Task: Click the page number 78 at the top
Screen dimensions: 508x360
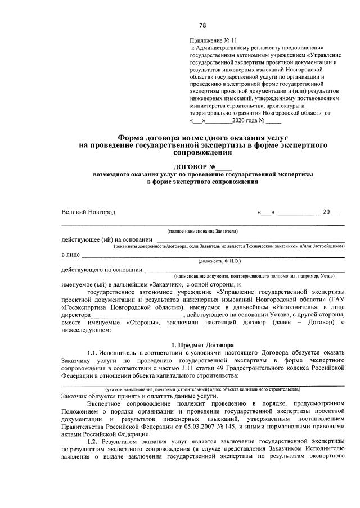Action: (x=202, y=25)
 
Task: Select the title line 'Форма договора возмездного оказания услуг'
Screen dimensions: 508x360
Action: (x=202, y=138)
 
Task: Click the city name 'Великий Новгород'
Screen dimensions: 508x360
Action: (x=88, y=212)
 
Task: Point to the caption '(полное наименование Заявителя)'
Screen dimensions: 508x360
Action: (x=202, y=231)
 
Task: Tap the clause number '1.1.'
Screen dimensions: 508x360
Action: (x=94, y=352)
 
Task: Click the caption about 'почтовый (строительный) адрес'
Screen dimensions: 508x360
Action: (x=202, y=389)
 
